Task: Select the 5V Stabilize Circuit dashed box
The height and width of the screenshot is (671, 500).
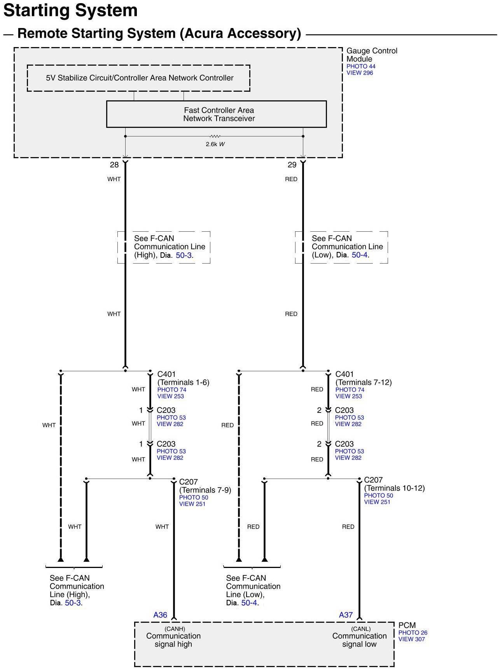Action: coord(138,78)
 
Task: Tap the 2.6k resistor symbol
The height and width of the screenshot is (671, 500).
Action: coord(215,136)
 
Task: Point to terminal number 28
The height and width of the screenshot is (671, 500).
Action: coord(114,165)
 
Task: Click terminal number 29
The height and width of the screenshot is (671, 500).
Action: coord(292,165)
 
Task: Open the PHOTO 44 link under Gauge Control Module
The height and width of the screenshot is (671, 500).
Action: coord(361,66)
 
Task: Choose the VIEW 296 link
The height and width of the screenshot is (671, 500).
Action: coord(360,73)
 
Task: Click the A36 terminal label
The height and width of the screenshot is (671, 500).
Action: coord(160,615)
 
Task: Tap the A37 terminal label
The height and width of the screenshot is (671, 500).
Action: coord(346,615)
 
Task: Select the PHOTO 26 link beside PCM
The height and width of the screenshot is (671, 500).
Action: coord(413,633)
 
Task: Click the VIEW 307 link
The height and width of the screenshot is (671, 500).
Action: coord(411,639)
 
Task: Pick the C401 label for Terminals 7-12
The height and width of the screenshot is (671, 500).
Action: coord(344,374)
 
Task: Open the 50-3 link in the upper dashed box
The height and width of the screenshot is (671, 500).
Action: coord(184,255)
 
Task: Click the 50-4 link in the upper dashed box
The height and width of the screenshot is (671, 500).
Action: coord(359,255)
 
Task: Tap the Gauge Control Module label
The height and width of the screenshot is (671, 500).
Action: coord(371,55)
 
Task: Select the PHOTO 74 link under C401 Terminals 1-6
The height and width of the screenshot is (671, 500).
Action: coord(171,390)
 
